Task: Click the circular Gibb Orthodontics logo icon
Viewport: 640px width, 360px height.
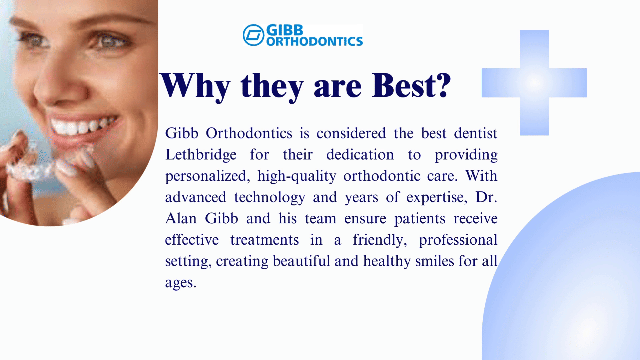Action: pos(254,35)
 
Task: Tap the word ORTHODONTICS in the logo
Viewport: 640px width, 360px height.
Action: pos(314,41)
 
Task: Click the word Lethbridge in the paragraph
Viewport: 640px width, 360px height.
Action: pos(201,155)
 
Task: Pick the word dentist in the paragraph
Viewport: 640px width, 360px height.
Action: pos(476,133)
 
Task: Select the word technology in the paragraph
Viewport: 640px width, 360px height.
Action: pos(270,198)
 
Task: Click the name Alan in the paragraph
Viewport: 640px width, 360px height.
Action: pos(181,219)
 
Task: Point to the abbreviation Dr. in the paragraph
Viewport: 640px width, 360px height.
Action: pos(486,197)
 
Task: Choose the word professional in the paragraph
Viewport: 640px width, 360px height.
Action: pos(458,240)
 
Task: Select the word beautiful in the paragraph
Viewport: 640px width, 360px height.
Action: pos(301,261)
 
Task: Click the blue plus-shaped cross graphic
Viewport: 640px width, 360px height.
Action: pos(534,83)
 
